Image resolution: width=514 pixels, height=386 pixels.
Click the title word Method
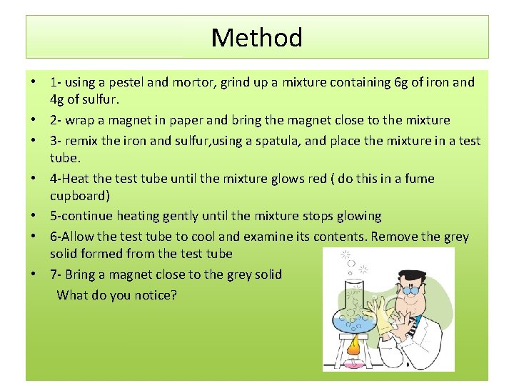point(257,37)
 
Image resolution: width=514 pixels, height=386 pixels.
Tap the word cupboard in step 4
point(79,194)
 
